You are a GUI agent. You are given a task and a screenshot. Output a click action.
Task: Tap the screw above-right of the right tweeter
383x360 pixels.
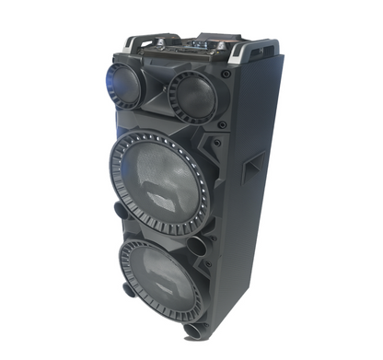pyautogui.click(x=225, y=73)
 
